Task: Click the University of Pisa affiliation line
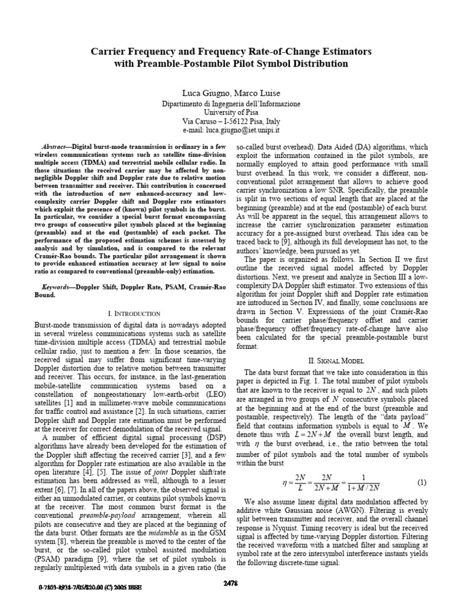coord(231,112)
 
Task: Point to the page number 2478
coord(232,599)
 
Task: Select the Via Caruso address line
coord(231,121)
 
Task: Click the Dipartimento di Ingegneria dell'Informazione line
coord(231,104)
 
